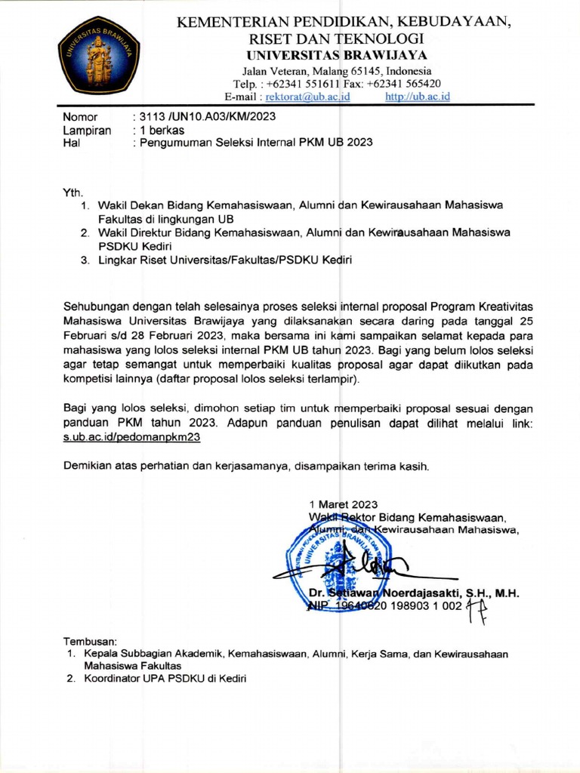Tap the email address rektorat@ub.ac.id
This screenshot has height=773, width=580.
307,97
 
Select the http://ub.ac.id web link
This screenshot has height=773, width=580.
417,97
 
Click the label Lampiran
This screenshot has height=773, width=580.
87,130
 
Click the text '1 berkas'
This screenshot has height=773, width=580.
159,130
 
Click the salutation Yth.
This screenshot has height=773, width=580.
72,192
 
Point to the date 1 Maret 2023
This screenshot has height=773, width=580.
344,504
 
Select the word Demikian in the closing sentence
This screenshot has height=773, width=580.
88,465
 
